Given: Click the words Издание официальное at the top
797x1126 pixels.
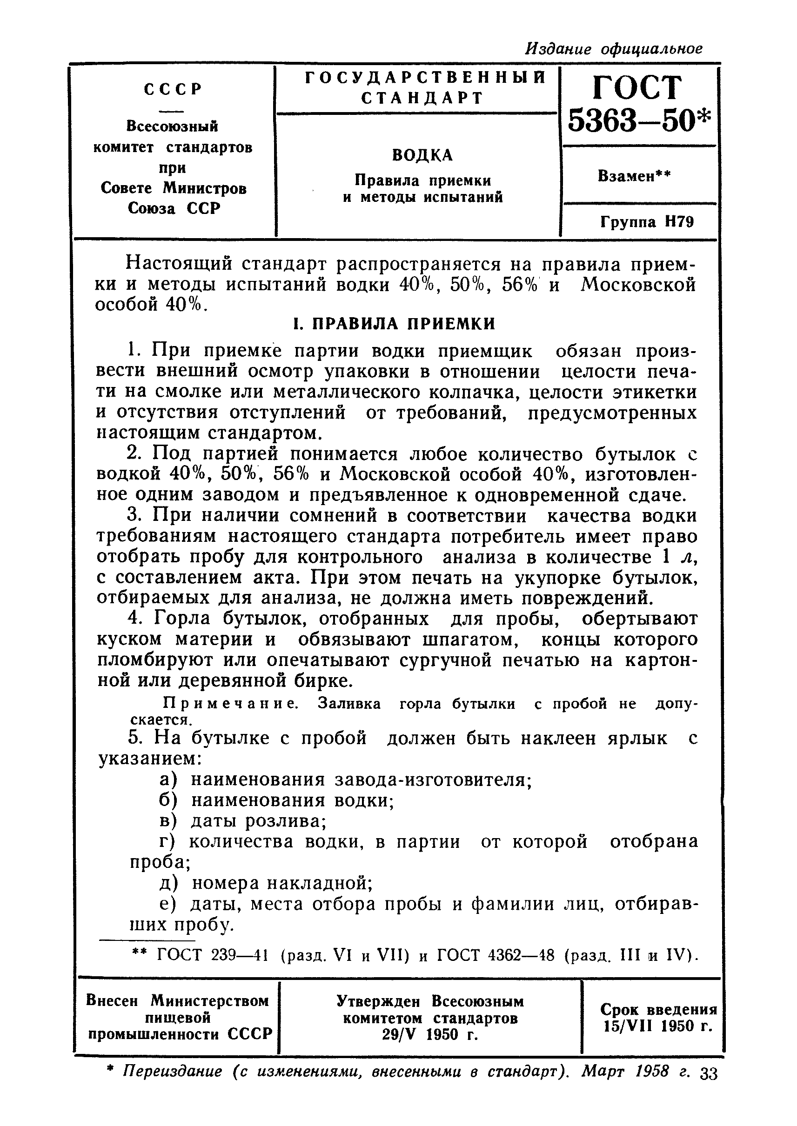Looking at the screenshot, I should point(614,48).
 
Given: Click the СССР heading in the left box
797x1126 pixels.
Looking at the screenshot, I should point(173,89).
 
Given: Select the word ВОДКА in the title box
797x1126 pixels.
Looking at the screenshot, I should point(422,155).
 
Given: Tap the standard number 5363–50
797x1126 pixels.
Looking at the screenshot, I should point(638,120).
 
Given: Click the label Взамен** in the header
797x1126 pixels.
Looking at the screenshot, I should point(634,176).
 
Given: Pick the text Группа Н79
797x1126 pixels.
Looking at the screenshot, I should point(647,222).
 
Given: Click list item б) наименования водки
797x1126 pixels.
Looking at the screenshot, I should point(277,800).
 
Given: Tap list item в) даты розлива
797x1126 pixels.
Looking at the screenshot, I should point(243,820).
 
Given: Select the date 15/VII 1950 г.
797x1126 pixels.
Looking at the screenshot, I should point(657,1026).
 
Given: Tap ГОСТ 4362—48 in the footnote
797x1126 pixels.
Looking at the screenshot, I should point(496,954).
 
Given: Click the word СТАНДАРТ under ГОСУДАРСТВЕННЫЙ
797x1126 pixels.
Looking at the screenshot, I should point(422,98).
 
